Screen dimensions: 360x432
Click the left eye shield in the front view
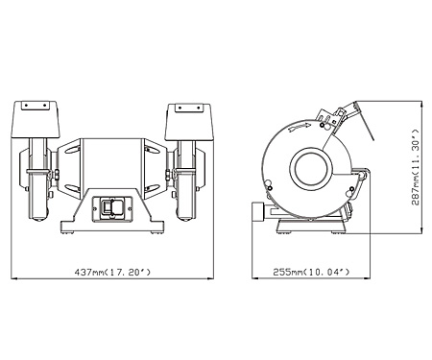35,121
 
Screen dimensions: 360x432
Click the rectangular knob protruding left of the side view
257,210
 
